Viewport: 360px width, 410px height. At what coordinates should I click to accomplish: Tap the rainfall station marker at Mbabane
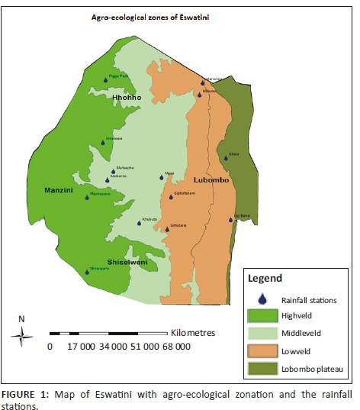coord(114,172)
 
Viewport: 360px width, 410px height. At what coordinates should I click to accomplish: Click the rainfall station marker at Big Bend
coord(231,220)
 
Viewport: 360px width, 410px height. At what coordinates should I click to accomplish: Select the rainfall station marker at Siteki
coord(227,157)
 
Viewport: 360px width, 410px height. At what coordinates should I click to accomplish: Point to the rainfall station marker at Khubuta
coord(141,224)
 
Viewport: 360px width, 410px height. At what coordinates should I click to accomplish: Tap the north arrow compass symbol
coord(23,333)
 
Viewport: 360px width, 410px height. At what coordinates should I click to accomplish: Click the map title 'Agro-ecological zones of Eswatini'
coord(137,14)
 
